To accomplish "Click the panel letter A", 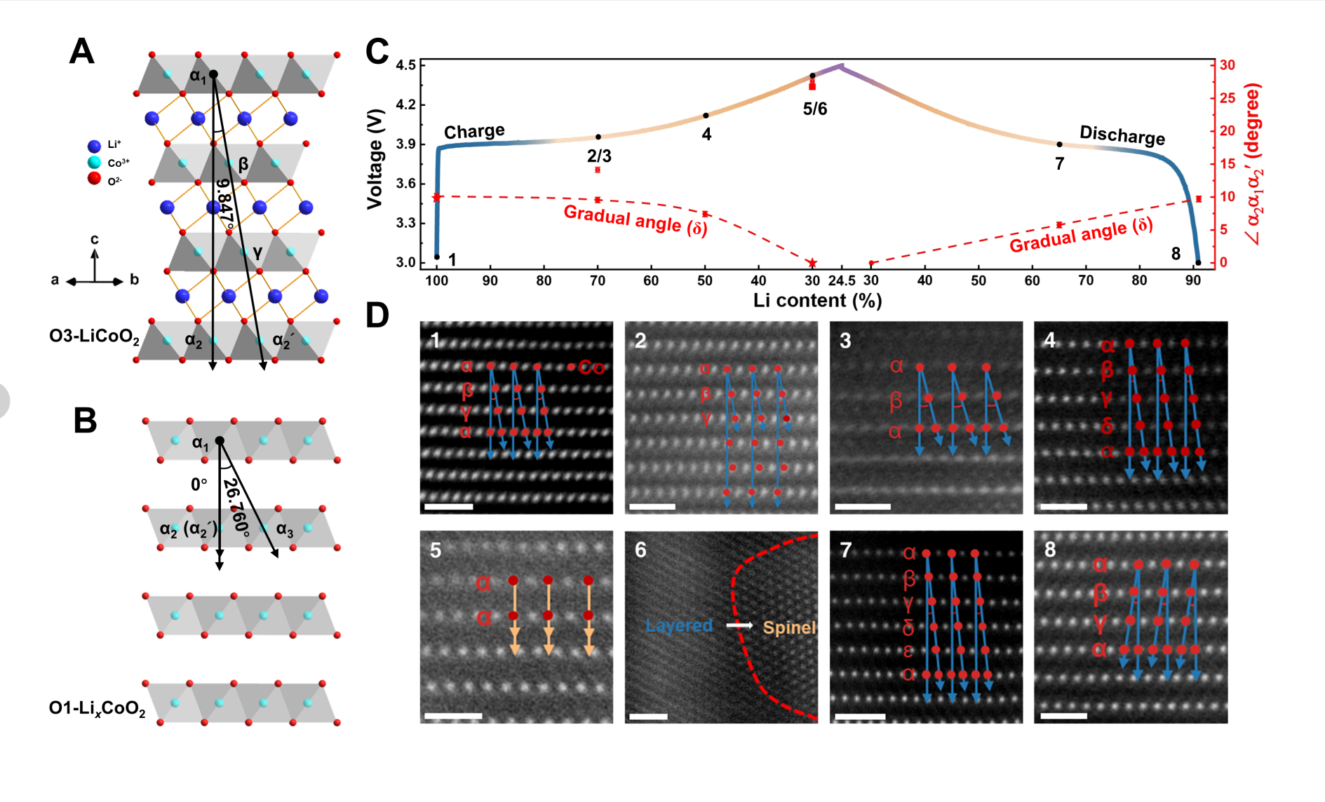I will tap(81, 52).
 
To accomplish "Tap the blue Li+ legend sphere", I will tap(94, 146).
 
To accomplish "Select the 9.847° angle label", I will tap(224, 204).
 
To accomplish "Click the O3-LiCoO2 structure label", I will tap(94, 337).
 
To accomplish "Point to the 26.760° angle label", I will tap(236, 507).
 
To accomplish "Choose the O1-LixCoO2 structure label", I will tap(97, 709).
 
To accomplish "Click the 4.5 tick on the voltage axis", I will tap(405, 65).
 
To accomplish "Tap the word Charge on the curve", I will tap(474, 131).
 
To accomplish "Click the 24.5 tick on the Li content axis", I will tap(841, 281).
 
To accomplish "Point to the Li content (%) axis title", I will tap(817, 301).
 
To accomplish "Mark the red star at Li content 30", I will tap(812, 264).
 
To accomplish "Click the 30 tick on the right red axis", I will tap(1227, 65).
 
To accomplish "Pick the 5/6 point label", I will tap(814, 109).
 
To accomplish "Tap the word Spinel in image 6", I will tap(789, 627).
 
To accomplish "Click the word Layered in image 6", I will tap(679, 625).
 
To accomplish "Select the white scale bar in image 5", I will tap(453, 716).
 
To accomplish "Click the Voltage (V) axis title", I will tap(375, 159).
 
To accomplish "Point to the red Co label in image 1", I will tap(591, 367).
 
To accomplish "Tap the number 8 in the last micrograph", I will tap(1050, 550).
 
